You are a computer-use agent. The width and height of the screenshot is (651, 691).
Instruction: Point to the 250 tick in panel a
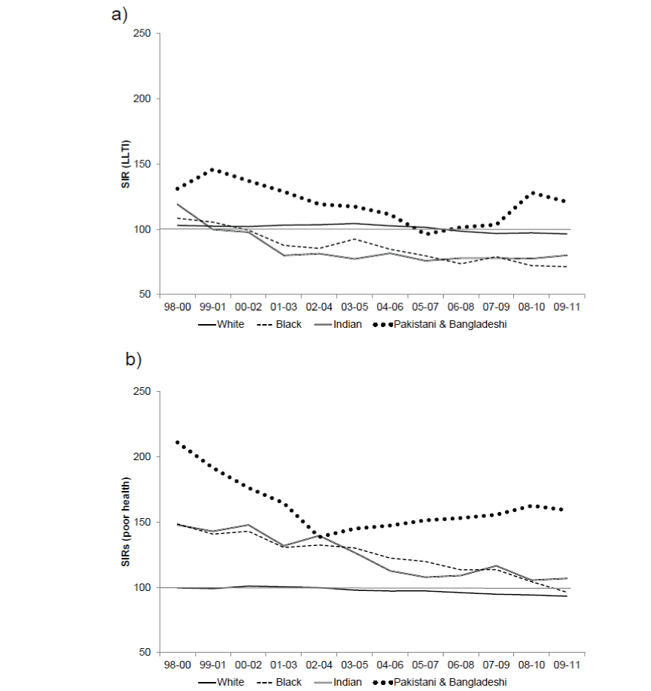tap(141, 34)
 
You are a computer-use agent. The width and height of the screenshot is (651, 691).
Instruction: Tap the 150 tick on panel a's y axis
tap(141, 164)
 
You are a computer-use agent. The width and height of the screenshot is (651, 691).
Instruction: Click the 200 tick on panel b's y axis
tap(141, 457)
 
